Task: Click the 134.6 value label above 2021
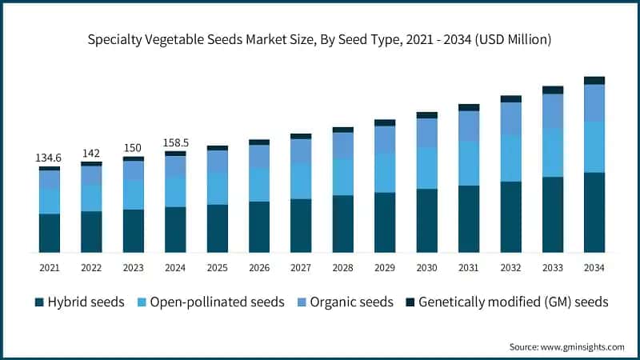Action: [x=50, y=158]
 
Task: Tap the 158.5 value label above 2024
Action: [x=175, y=143]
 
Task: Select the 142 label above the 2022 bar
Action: [x=91, y=153]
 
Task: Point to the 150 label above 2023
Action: [x=134, y=148]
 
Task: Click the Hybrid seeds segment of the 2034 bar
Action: [x=594, y=212]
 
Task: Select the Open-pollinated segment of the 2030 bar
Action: [x=427, y=168]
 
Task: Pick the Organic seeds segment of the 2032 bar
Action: [x=511, y=118]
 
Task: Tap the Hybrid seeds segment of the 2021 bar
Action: [x=50, y=233]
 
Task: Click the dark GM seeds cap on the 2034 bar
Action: [x=594, y=80]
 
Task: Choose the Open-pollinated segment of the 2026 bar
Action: [x=259, y=185]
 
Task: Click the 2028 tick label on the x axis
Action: [x=343, y=268]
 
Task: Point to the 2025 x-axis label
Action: [x=218, y=268]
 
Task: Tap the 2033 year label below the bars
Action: [x=553, y=268]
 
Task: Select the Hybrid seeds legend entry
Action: [x=79, y=302]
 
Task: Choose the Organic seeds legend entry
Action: [x=346, y=302]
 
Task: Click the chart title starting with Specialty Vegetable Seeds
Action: [x=320, y=38]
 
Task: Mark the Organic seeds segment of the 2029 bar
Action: [x=385, y=139]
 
